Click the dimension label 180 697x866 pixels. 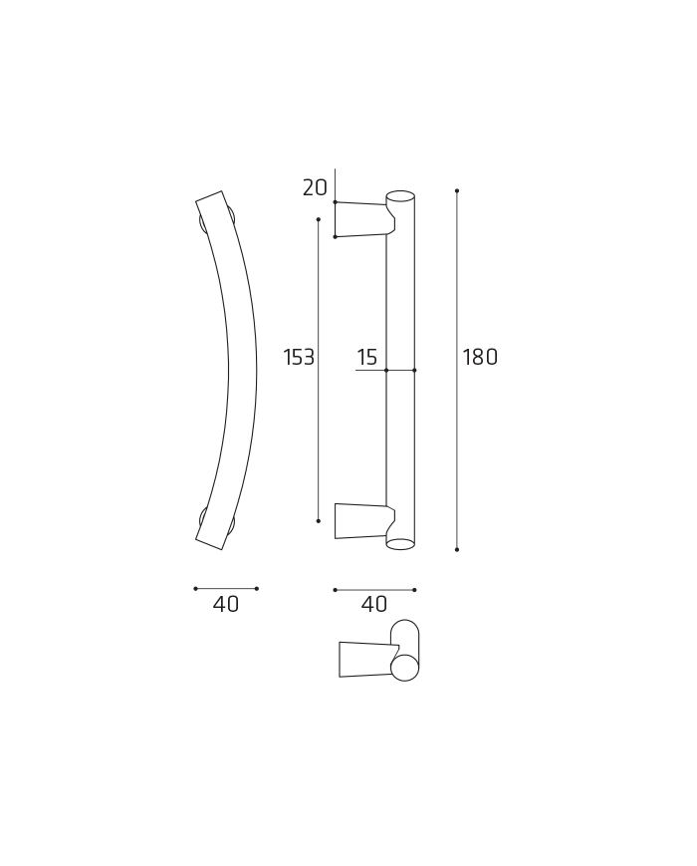coord(479,358)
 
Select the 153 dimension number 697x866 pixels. coord(299,358)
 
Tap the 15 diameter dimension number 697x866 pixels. coord(367,358)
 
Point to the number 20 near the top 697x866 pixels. coord(315,187)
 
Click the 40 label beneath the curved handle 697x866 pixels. coord(226,605)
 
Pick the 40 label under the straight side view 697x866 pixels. coord(374,605)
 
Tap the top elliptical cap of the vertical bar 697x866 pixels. coord(400,196)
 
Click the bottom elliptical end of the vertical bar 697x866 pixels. coord(400,544)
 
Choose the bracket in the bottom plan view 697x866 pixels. coord(366,660)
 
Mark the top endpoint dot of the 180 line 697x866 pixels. coord(457,190)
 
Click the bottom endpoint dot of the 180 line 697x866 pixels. coord(457,549)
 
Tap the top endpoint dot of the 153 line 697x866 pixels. coord(319,219)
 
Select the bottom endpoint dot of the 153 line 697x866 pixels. coord(319,520)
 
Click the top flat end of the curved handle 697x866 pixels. coord(209,198)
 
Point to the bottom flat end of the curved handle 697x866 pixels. coord(209,543)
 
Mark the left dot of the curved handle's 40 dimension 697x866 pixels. coord(195,588)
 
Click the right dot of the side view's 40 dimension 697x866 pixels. coord(414,590)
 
